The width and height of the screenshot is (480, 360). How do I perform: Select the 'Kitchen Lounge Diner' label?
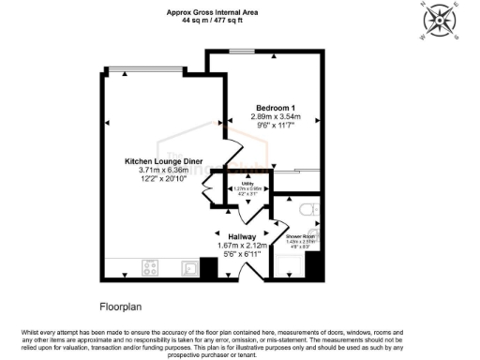point(164,161)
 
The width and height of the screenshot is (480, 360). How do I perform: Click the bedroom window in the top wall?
point(246,52)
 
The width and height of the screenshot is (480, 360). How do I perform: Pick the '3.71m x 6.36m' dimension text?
point(164,170)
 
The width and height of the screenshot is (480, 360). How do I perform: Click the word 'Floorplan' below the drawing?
point(122,307)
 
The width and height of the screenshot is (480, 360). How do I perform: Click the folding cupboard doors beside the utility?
point(209,194)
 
